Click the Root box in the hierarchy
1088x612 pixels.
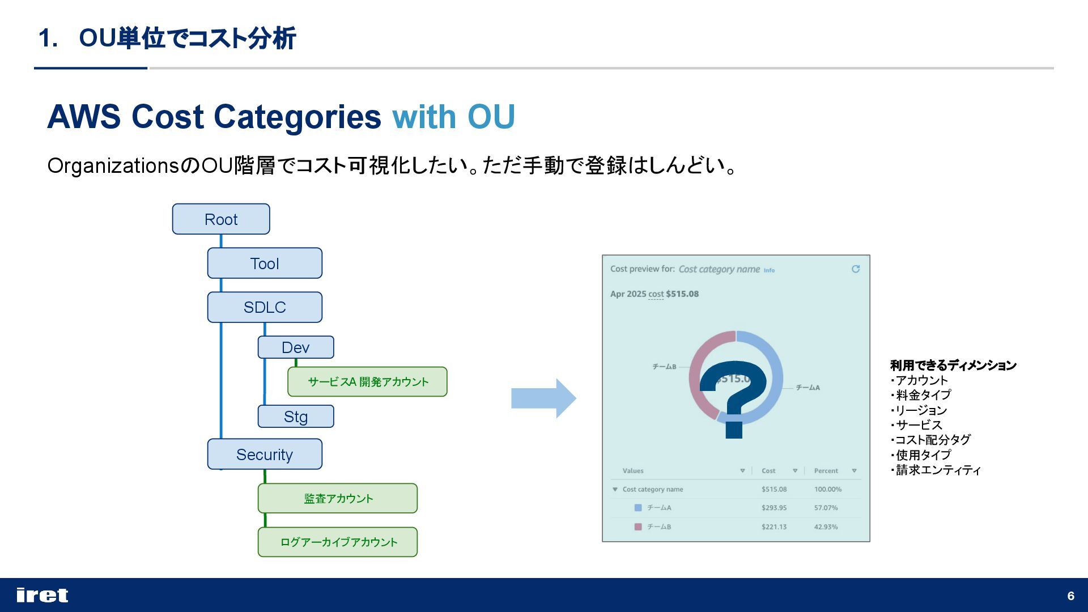click(x=221, y=219)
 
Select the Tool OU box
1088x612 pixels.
click(x=265, y=263)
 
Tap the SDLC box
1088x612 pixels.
click(x=265, y=307)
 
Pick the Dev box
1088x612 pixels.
click(x=296, y=347)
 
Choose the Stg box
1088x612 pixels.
click(x=296, y=416)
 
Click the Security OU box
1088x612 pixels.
click(x=265, y=454)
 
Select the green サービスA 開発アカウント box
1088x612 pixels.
click(x=367, y=382)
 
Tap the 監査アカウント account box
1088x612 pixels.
click(x=338, y=499)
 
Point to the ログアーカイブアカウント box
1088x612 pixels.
click(x=338, y=542)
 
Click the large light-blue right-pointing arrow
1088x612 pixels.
click(x=543, y=398)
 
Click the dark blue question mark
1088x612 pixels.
click(x=734, y=397)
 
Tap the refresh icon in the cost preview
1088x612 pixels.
click(x=856, y=269)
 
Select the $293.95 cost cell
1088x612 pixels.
click(x=774, y=508)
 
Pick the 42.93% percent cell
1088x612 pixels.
click(x=826, y=527)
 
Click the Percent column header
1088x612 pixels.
click(x=826, y=471)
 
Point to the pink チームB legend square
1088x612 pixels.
click(x=638, y=527)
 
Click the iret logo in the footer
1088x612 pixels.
click(x=42, y=596)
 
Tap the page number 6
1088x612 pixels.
click(x=1070, y=596)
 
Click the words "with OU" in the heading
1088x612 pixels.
click(x=453, y=117)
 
